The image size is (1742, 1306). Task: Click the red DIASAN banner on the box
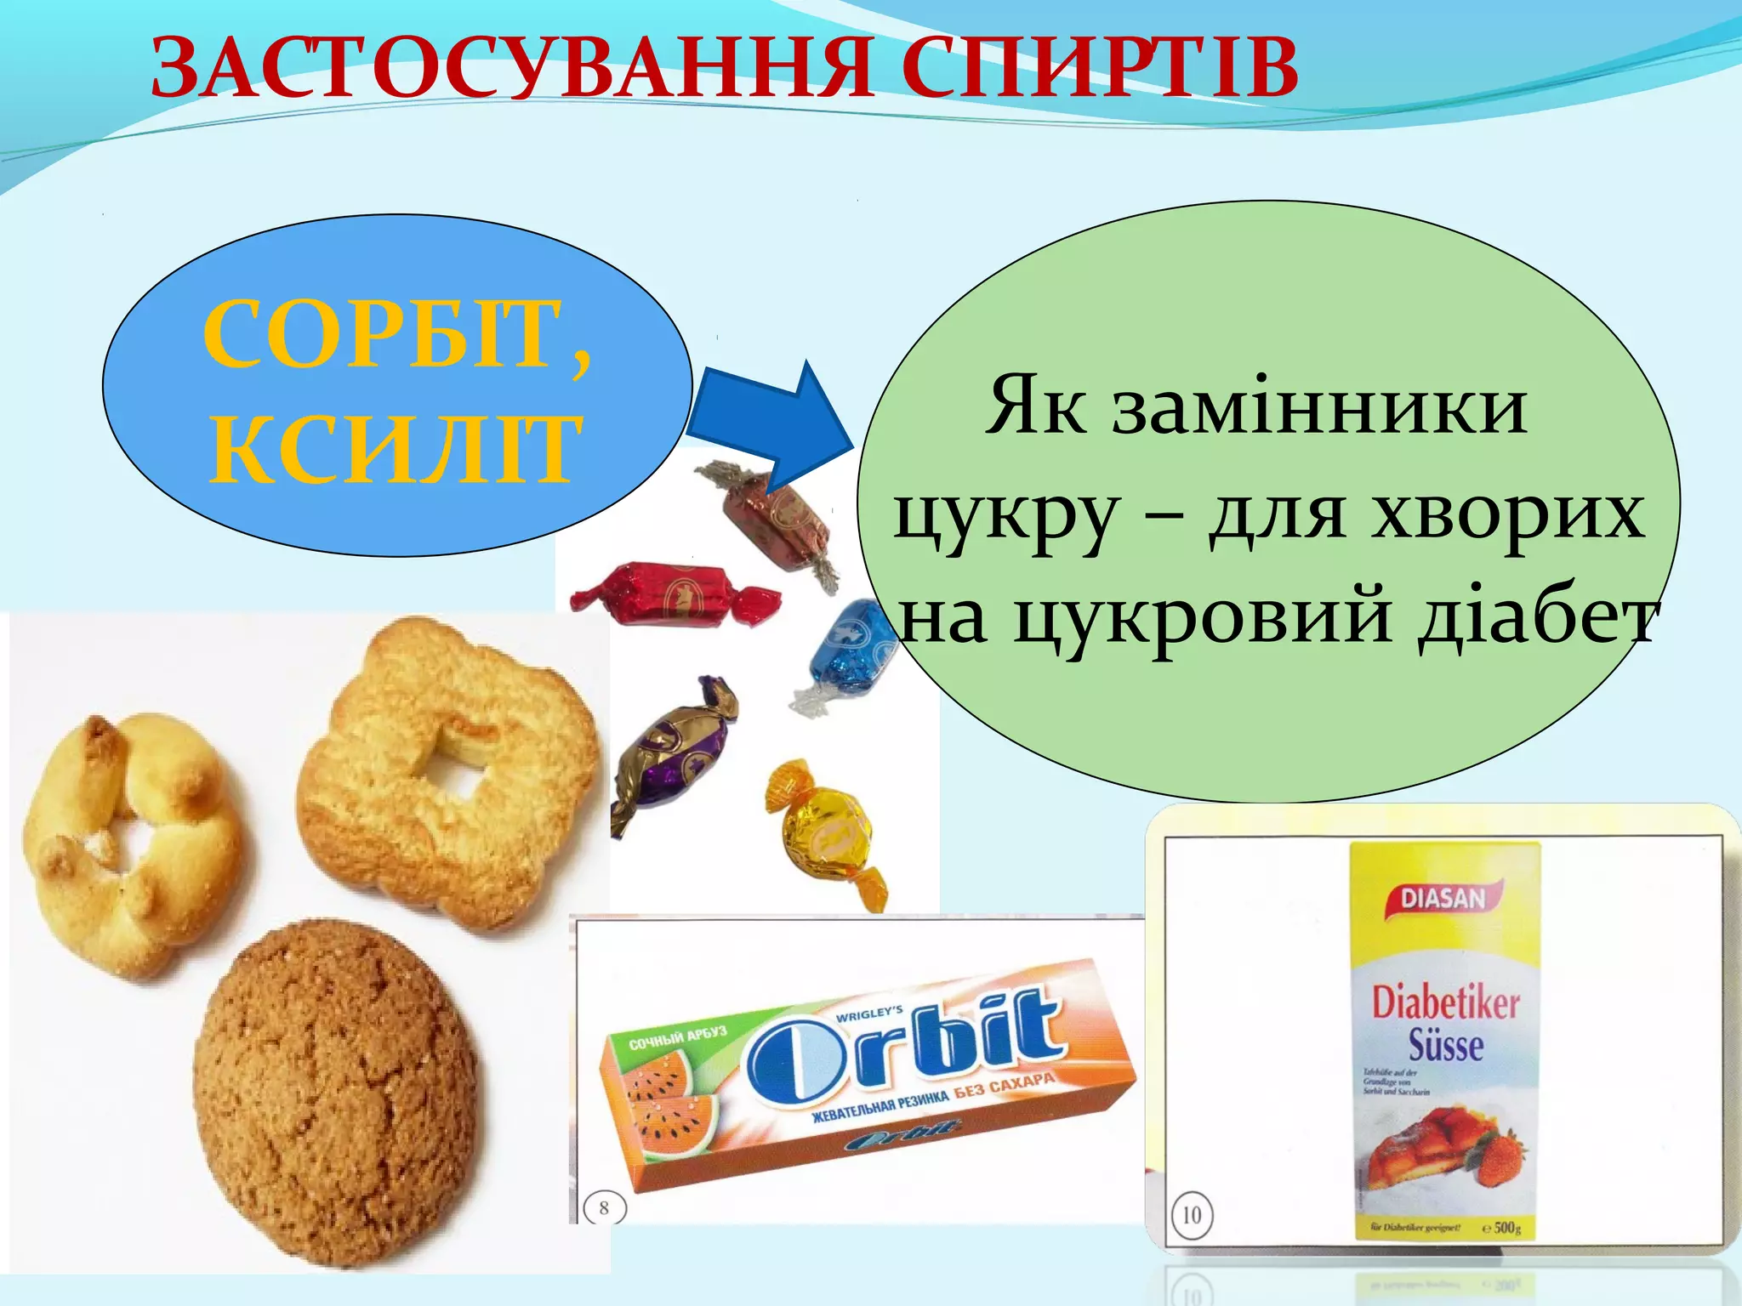click(1443, 897)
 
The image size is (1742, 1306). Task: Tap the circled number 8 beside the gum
click(604, 1207)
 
